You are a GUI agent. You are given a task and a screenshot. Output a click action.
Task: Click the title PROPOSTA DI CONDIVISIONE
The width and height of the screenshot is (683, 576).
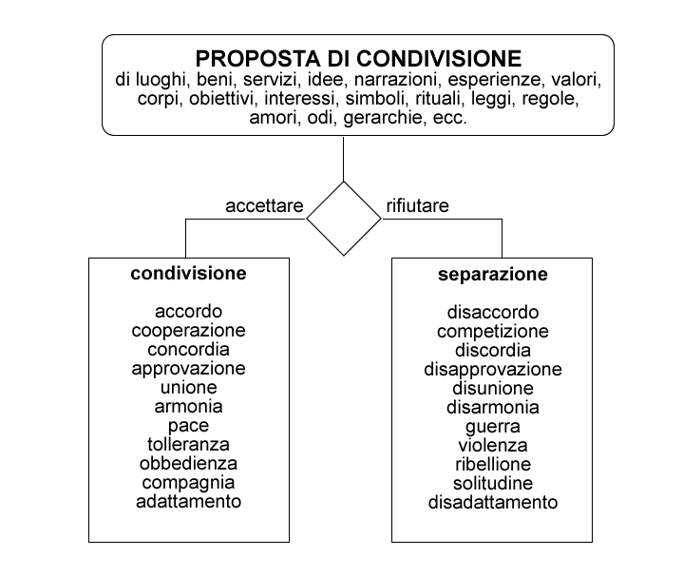click(358, 58)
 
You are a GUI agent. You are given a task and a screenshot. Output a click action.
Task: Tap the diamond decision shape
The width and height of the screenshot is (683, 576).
click(344, 182)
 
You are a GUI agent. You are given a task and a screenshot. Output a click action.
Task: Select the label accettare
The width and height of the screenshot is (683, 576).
click(264, 205)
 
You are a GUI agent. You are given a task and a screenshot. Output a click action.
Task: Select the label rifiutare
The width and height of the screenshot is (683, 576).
click(417, 205)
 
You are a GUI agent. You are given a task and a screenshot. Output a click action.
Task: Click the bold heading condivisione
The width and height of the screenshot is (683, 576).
click(189, 273)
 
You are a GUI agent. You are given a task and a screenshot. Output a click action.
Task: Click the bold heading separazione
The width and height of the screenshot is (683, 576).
click(493, 274)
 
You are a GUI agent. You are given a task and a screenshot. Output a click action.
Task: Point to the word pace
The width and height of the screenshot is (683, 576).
click(189, 426)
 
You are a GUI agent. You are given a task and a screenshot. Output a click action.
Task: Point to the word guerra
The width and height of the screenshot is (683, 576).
click(493, 427)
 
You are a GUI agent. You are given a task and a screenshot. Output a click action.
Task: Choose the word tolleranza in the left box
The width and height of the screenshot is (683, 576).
click(188, 445)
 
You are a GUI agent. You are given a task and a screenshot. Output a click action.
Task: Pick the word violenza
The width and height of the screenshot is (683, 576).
click(493, 445)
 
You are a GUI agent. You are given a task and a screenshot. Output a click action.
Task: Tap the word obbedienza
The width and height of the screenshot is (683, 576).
click(188, 463)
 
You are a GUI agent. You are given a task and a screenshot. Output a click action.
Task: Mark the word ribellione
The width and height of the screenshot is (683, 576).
click(493, 464)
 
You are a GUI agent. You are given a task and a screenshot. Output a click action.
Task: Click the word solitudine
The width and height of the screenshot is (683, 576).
click(493, 483)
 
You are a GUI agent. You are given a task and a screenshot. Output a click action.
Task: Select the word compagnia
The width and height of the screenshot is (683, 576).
click(188, 483)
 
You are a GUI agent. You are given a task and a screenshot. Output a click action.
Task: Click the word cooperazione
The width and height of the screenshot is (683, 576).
click(188, 330)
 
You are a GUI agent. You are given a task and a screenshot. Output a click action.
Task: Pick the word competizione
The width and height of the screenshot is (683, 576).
click(493, 331)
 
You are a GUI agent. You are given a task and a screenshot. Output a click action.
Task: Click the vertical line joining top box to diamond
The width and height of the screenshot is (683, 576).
click(344, 159)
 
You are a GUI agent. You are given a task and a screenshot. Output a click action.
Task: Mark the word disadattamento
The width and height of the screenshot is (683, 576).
click(493, 503)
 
